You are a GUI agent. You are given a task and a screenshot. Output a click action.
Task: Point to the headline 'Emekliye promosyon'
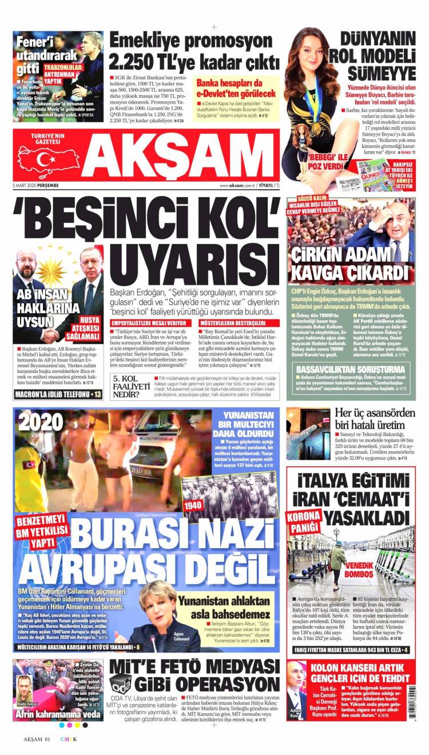click(x=191, y=41)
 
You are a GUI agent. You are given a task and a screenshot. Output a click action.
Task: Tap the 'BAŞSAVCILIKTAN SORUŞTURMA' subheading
click(x=351, y=369)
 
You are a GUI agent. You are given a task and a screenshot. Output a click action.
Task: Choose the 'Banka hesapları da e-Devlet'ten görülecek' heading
click(x=236, y=88)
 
